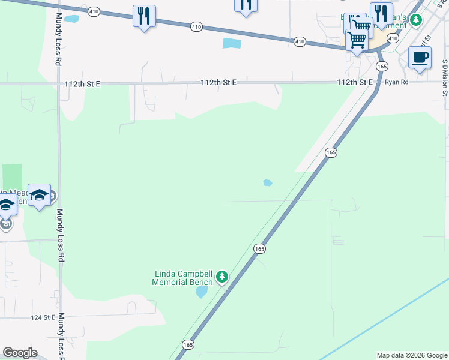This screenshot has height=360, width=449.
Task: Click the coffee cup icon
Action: pos(420,58)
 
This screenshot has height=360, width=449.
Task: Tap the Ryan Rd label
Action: pos(397,82)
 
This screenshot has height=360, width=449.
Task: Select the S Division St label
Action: pos(445,77)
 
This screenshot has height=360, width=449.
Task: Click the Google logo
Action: pos(20,353)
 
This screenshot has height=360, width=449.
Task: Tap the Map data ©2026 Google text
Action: pos(412,355)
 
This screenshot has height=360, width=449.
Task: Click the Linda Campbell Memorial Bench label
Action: pos(182,278)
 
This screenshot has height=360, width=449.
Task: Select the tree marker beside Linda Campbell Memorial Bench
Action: pos(223,277)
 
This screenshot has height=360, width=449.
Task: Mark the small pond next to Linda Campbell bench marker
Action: pos(202,292)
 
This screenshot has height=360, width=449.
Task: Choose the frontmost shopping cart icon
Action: pos(357,40)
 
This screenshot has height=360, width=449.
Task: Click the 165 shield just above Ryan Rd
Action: pos(382,65)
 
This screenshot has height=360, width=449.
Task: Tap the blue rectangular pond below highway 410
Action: pos(231,43)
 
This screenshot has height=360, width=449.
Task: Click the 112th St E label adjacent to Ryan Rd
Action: pos(355,82)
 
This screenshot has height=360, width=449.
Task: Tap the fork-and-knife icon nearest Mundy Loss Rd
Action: pos(144,16)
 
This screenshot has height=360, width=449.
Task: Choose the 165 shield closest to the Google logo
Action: pos(188,344)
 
